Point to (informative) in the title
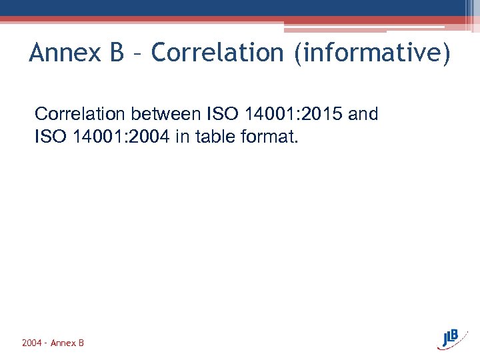click(x=372, y=53)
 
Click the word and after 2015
click(x=363, y=114)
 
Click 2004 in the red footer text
click(x=32, y=343)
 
